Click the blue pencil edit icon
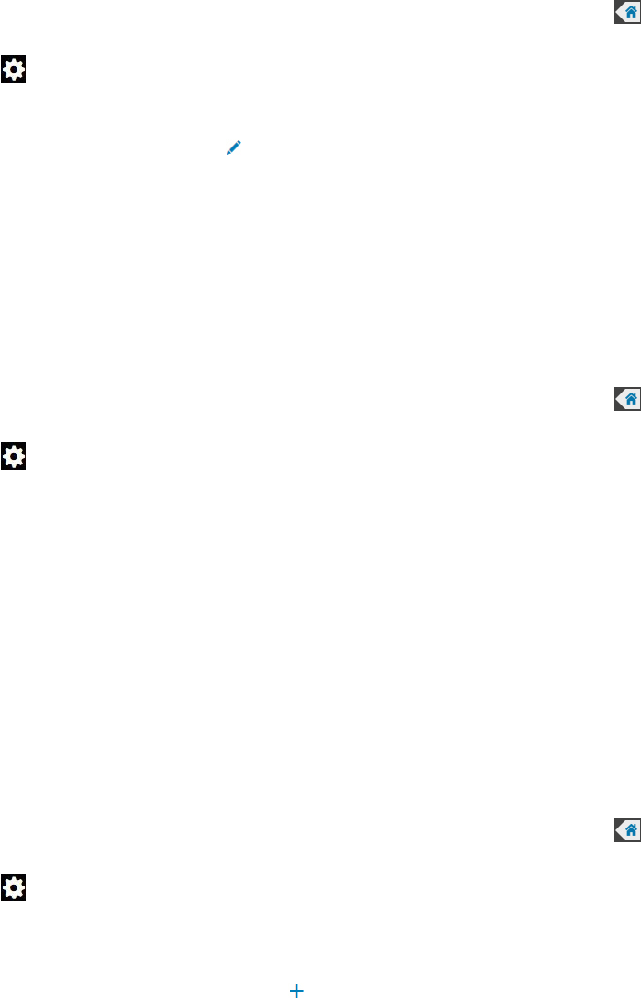click(x=234, y=147)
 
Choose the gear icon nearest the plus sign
click(x=14, y=888)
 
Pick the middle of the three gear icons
click(x=14, y=455)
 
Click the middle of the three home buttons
click(x=627, y=398)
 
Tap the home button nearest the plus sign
click(x=627, y=829)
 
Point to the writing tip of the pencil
click(x=228, y=152)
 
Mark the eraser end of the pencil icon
click(x=239, y=142)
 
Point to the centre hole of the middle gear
click(x=14, y=455)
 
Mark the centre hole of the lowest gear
click(x=14, y=888)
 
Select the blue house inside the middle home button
click(x=631, y=398)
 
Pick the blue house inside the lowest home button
click(x=631, y=829)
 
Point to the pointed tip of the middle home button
click(x=616, y=398)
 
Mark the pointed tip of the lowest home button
click(x=616, y=829)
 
